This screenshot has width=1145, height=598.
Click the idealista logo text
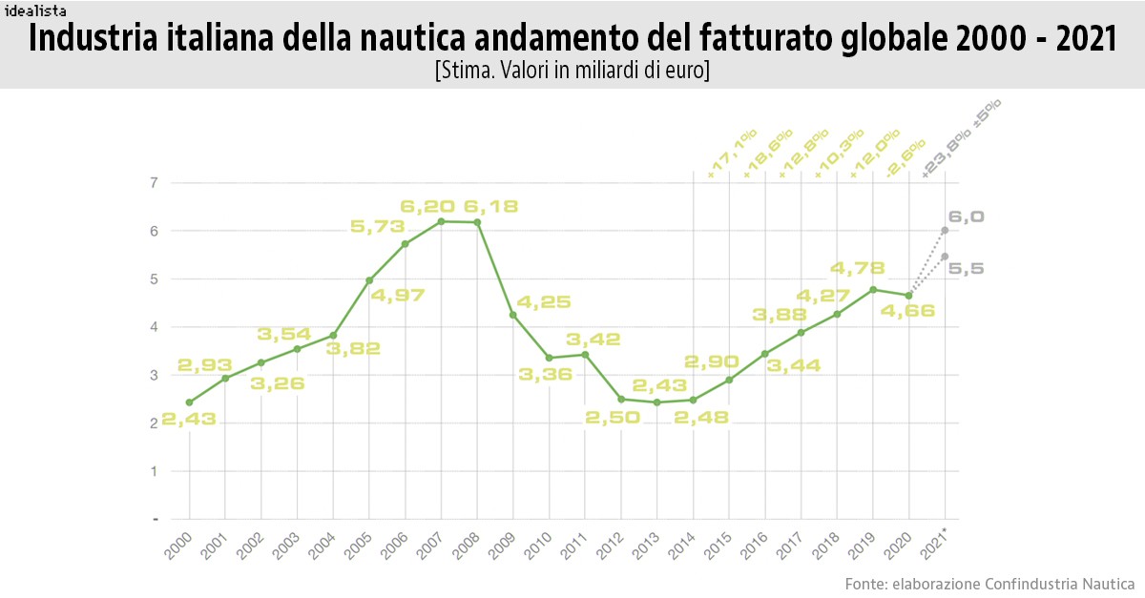pyautogui.click(x=34, y=10)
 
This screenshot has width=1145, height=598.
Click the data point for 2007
pyautogui.click(x=441, y=221)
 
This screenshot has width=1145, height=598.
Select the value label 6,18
pyautogui.click(x=490, y=206)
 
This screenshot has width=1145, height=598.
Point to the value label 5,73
pyautogui.click(x=377, y=227)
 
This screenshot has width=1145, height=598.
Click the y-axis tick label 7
pyautogui.click(x=154, y=182)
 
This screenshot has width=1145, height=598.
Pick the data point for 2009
pyautogui.click(x=513, y=315)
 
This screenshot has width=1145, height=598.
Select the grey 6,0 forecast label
pyautogui.click(x=967, y=217)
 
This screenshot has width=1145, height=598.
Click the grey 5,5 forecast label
pyautogui.click(x=967, y=270)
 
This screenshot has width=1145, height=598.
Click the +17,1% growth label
pyautogui.click(x=731, y=154)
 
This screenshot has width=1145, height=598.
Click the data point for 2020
pyautogui.click(x=908, y=296)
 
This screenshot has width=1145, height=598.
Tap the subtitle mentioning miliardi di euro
pyautogui.click(x=572, y=71)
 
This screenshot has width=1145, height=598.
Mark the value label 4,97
pyautogui.click(x=398, y=295)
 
